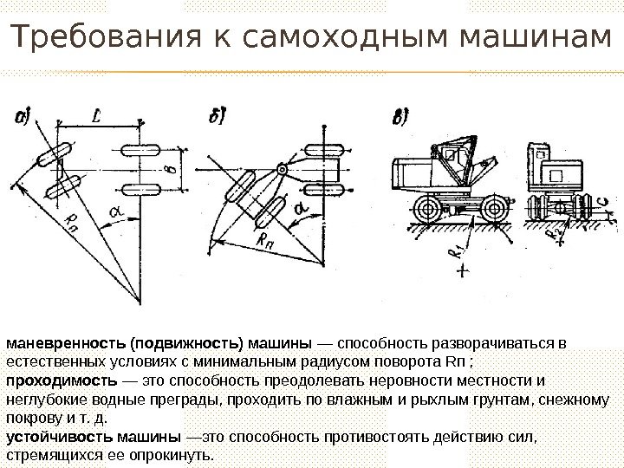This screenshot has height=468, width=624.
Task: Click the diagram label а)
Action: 24,117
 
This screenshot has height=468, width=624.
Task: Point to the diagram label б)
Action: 218,117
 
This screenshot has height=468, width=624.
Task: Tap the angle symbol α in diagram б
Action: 299,210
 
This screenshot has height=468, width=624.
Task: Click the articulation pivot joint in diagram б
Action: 281,168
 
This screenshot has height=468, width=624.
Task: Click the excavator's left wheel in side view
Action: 427,209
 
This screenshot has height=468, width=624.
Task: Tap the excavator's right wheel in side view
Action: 492,209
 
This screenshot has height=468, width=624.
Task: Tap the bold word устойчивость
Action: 60,439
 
